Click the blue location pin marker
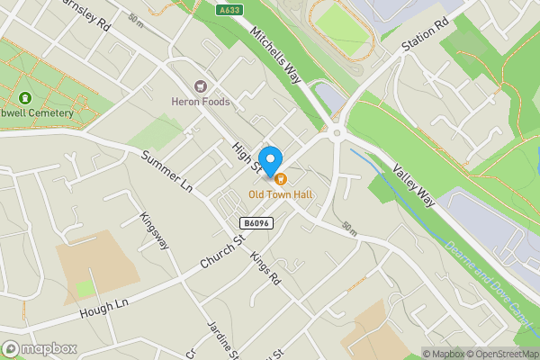269,157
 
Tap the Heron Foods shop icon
201,85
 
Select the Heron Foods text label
201,102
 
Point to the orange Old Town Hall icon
281,178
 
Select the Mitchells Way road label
275,55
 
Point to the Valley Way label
414,180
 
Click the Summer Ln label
167,171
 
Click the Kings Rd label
266,267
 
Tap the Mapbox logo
39,348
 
